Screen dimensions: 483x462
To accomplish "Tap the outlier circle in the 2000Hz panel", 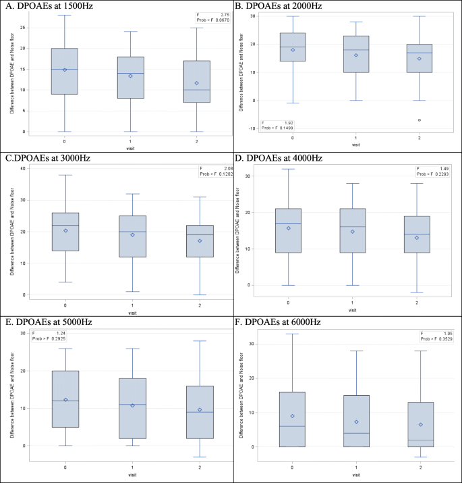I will coord(419,120).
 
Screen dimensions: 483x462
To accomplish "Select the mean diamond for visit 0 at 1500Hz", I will coord(64,70).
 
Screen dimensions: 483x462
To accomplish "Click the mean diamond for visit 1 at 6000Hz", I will coord(356,422).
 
